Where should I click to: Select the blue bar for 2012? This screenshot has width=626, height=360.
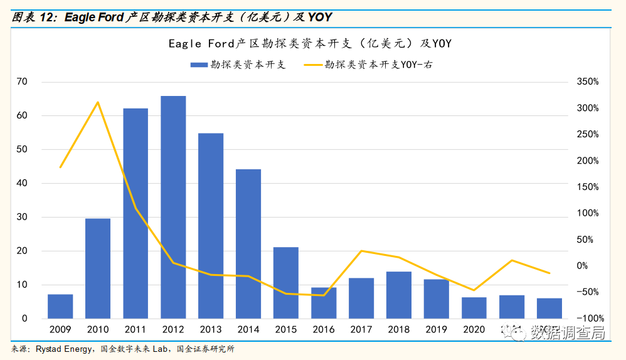pos(173,207)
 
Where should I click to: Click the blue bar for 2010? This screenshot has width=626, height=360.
pos(98,268)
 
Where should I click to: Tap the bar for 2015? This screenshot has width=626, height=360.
pos(286,283)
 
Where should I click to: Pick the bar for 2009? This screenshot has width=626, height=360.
pos(60,306)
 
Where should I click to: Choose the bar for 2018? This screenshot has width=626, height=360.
pos(399,295)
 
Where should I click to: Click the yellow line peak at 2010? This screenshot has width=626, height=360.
pos(98,102)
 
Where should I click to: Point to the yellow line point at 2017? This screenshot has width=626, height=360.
pos(361,251)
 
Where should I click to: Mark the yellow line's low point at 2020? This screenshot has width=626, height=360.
pos(474,290)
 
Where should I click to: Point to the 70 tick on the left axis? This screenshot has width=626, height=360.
pos(22,82)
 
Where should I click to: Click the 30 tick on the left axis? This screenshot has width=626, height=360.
pos(22,217)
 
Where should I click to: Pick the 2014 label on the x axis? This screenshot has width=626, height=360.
pos(248,330)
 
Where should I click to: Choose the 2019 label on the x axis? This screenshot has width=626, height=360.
pos(437,330)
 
